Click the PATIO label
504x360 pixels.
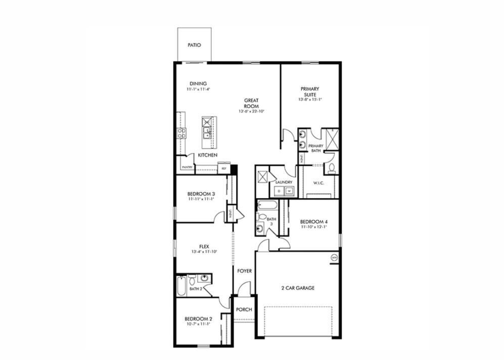194,45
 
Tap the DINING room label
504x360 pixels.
198,84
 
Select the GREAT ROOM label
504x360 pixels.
251,103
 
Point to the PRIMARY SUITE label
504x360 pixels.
310,92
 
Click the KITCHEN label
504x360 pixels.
207,155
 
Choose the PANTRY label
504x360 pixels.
187,167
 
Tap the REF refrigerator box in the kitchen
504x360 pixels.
224,167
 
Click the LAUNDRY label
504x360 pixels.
284,182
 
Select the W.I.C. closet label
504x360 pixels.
318,183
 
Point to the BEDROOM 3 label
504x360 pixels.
201,194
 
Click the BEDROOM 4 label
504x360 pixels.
313,221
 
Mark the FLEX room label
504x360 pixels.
204,247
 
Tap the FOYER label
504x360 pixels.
244,271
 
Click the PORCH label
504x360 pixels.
244,309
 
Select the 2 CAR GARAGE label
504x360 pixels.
298,288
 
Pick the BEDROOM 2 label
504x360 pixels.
198,319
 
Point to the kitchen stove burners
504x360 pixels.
181,133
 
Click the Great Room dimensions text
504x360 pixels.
252,111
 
